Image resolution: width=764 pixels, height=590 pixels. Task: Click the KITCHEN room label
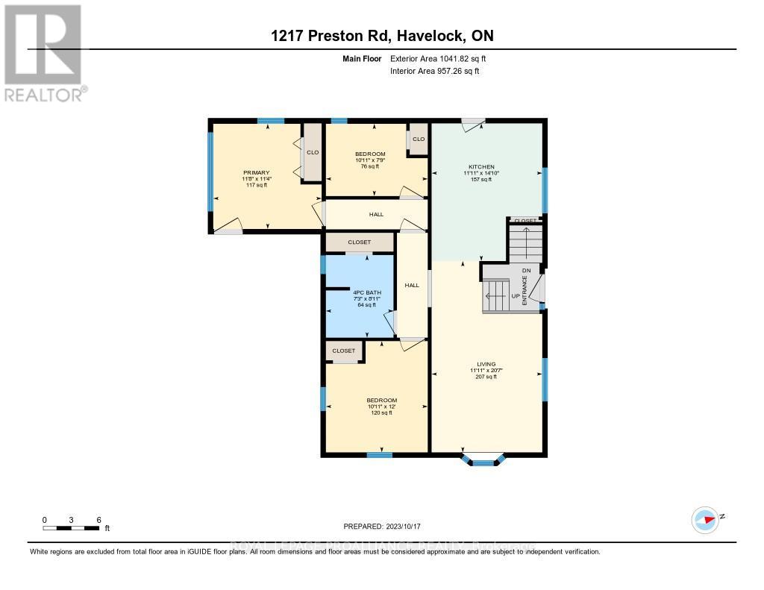tap(481, 166)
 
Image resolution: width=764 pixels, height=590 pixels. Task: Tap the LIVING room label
tap(486, 364)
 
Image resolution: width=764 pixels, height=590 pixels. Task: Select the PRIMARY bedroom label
tap(255, 172)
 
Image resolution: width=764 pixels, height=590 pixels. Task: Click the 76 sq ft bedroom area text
tap(369, 166)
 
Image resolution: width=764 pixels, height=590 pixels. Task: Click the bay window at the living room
tap(483, 459)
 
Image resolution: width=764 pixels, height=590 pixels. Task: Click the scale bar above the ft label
tap(71, 528)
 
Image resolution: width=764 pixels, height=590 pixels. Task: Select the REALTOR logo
tap(45, 52)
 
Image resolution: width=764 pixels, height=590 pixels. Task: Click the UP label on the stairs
tap(515, 296)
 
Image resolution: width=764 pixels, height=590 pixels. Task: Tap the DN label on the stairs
tap(525, 270)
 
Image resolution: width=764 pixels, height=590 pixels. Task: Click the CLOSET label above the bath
tap(358, 242)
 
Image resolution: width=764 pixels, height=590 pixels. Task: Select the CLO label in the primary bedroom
tap(313, 152)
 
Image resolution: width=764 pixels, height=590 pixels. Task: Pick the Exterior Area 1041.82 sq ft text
tap(439, 58)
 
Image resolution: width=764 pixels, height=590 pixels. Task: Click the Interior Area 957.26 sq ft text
tap(434, 71)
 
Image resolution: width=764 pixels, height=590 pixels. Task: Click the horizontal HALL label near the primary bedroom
tap(376, 214)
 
